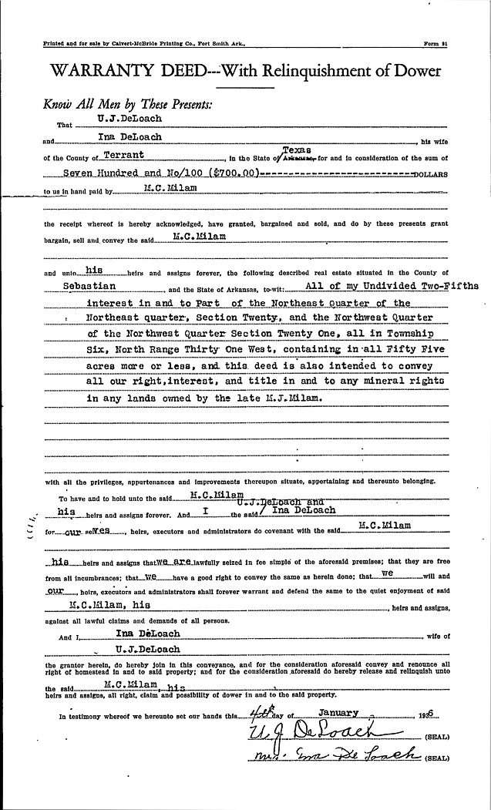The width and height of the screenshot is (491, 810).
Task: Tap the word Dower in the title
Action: [414, 72]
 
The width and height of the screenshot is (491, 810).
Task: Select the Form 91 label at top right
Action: [436, 43]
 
